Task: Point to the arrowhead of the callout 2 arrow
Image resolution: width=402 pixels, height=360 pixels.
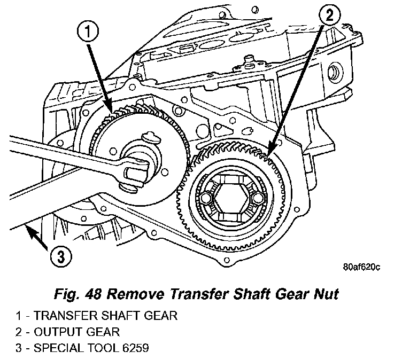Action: pyautogui.click(x=268, y=153)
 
